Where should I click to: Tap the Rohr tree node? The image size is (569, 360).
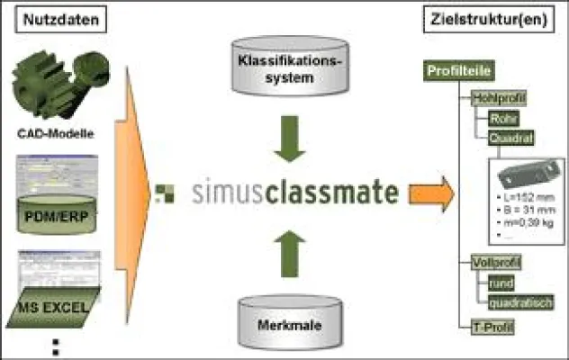point(501,119)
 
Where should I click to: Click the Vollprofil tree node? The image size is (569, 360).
point(496,262)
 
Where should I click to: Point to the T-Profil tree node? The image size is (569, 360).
point(492,327)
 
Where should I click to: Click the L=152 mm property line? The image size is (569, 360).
point(519,196)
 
